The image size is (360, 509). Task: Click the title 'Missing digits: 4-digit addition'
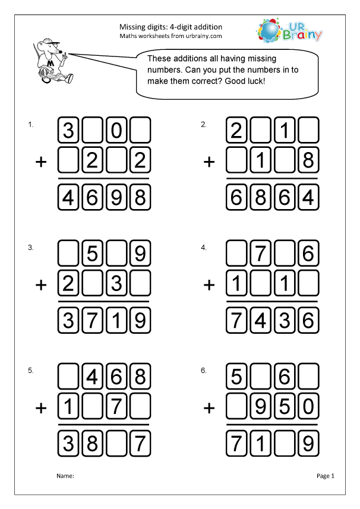tap(171, 27)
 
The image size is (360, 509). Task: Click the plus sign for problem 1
tap(41, 162)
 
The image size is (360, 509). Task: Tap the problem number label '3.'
tap(30, 248)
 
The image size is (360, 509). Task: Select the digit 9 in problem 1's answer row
tap(117, 198)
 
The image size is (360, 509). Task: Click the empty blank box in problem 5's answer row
tap(117, 444)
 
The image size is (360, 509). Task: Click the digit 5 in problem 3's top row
tap(92, 255)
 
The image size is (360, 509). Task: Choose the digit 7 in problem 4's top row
tap(260, 255)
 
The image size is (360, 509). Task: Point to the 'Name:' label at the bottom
tap(65, 476)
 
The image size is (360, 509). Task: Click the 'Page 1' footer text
tap(326, 476)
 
